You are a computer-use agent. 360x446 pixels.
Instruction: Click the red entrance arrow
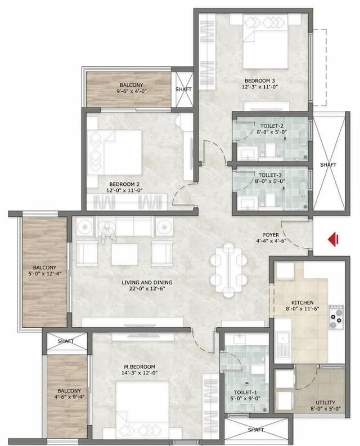pyautogui.click(x=333, y=240)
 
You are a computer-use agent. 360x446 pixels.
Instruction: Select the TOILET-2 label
pyautogui.click(x=272, y=126)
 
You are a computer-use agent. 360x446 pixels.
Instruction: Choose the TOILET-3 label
pyautogui.click(x=272, y=175)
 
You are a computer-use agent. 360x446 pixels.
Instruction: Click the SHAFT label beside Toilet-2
pyautogui.click(x=328, y=164)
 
